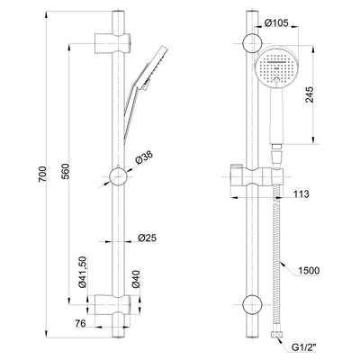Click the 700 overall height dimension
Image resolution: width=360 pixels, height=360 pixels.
(x=42, y=174)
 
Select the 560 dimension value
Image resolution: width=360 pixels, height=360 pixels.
(x=66, y=171)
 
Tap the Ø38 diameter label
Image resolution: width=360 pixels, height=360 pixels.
(x=144, y=157)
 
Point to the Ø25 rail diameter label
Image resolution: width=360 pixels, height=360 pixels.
(x=148, y=238)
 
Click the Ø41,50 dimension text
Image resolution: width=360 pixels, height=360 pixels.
(x=82, y=272)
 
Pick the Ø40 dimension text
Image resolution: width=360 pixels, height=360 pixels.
(x=136, y=279)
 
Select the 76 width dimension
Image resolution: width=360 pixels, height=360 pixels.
(x=80, y=323)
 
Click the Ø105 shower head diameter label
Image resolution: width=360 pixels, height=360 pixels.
(x=276, y=22)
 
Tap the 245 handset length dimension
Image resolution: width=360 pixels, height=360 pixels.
(x=310, y=94)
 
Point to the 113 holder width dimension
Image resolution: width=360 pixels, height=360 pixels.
(x=301, y=194)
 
